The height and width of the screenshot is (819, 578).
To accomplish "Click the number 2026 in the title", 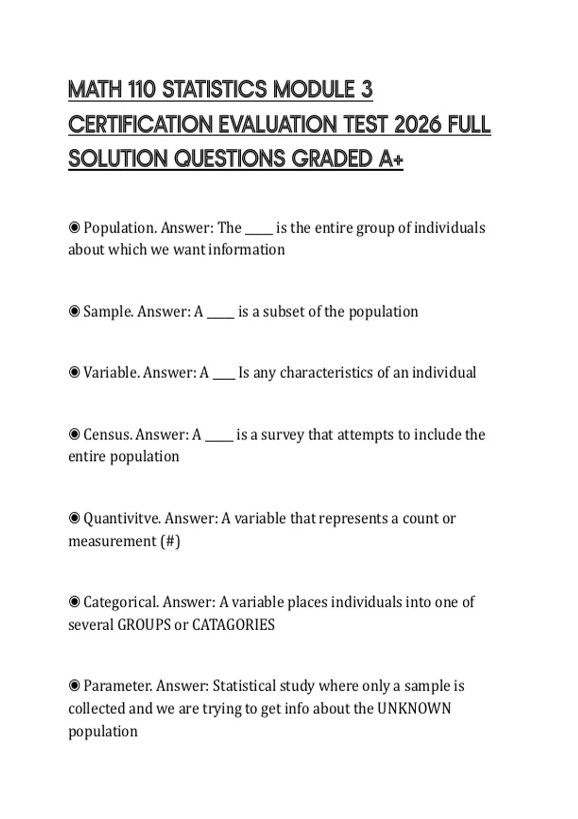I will [x=417, y=125].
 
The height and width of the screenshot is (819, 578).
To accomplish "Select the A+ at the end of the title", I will [x=391, y=159].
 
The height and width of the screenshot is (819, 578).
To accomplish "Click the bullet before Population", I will [x=74, y=227].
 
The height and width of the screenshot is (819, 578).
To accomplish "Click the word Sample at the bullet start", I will [x=108, y=312].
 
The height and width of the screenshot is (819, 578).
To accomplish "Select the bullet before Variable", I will [x=74, y=372].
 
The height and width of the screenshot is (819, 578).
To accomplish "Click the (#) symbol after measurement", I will [x=170, y=541].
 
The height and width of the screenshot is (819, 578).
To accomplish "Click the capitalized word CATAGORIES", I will [x=233, y=625].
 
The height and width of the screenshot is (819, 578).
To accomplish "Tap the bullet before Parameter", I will [x=74, y=685].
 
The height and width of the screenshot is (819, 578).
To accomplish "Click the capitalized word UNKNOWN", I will [x=414, y=709].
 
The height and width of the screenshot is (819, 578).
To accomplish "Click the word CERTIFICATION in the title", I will [x=140, y=125].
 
